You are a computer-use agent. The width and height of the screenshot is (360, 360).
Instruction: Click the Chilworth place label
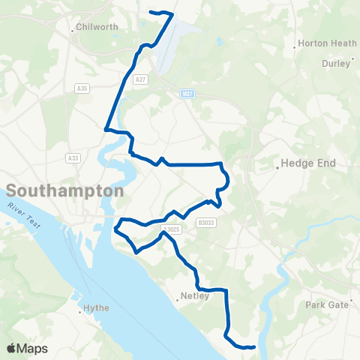tap(98, 28)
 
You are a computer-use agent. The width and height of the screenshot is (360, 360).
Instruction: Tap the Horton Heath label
tap(326, 43)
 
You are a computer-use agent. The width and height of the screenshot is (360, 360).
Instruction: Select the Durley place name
tap(335, 64)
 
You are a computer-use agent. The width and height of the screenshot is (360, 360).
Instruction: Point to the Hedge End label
tap(308, 163)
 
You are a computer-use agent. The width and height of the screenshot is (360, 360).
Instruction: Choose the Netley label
tap(194, 295)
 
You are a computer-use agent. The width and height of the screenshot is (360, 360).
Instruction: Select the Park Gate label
tap(327, 304)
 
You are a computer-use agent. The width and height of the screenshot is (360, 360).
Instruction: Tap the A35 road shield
tap(82, 88)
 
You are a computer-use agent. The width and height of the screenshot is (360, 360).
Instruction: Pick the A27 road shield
tap(139, 78)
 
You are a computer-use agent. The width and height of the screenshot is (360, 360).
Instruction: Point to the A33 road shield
tap(73, 157)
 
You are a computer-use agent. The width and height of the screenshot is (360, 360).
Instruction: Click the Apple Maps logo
tap(27, 349)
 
